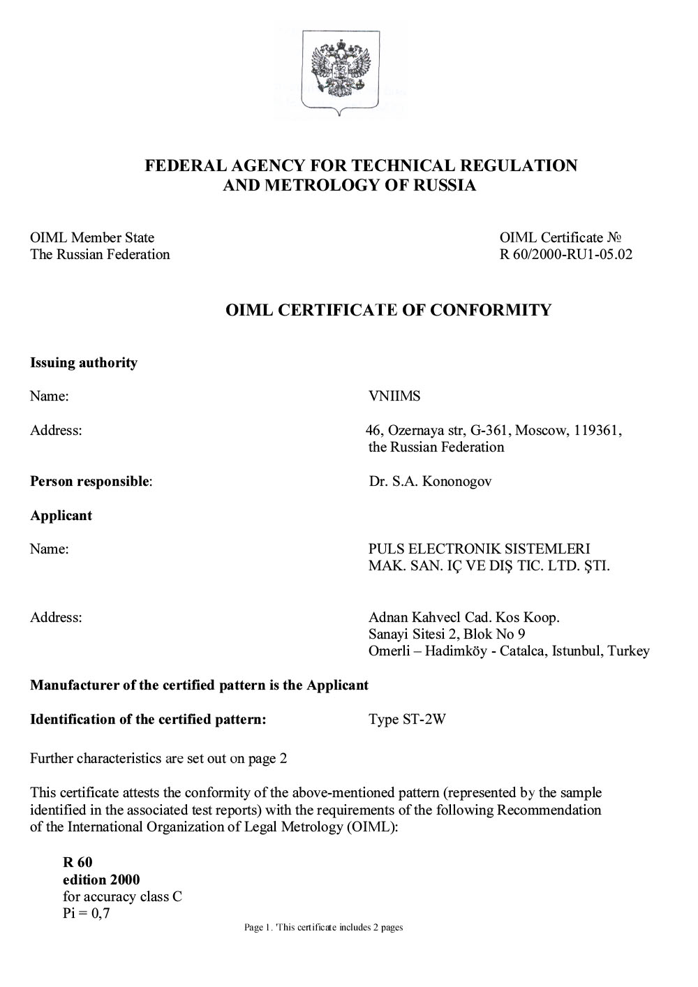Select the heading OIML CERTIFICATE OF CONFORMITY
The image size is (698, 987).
389,310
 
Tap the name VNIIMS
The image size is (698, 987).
394,396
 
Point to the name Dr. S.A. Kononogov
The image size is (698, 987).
430,482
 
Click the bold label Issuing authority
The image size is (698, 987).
84,363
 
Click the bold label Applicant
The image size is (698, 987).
61,516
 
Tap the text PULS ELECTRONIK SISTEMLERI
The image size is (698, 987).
479,549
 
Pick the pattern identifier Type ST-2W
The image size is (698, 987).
406,720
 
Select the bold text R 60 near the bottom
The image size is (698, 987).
77,863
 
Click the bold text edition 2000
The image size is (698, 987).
101,880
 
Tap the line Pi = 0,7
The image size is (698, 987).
87,914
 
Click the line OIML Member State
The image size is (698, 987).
92,238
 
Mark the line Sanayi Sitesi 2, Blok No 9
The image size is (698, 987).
447,634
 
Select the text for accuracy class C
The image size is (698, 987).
122,897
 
